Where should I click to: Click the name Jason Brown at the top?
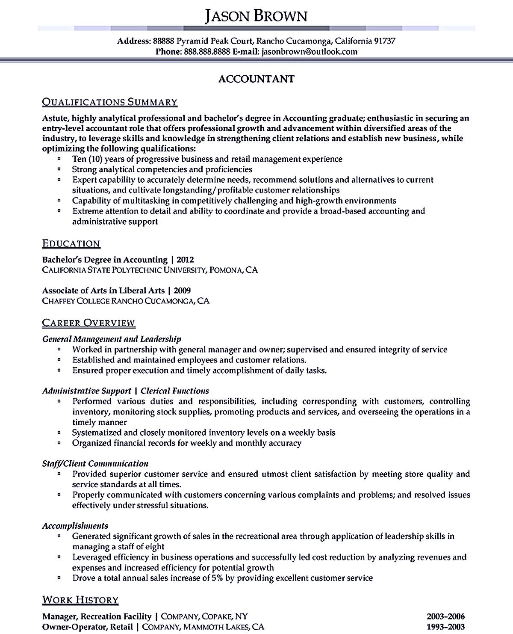[256, 16]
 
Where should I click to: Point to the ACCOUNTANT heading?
[256, 79]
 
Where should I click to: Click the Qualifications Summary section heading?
[109, 102]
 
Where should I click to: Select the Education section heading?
[71, 244]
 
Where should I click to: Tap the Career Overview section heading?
[88, 323]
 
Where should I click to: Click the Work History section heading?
[80, 600]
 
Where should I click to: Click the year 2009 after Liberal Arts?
[182, 290]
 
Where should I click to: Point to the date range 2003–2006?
[445, 616]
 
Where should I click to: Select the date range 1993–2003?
[445, 627]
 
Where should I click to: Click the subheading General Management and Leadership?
[112, 339]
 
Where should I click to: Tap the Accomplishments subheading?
[75, 526]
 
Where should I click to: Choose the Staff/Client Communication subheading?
[95, 464]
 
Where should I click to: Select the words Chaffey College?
[76, 301]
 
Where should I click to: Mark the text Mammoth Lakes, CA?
[230, 627]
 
